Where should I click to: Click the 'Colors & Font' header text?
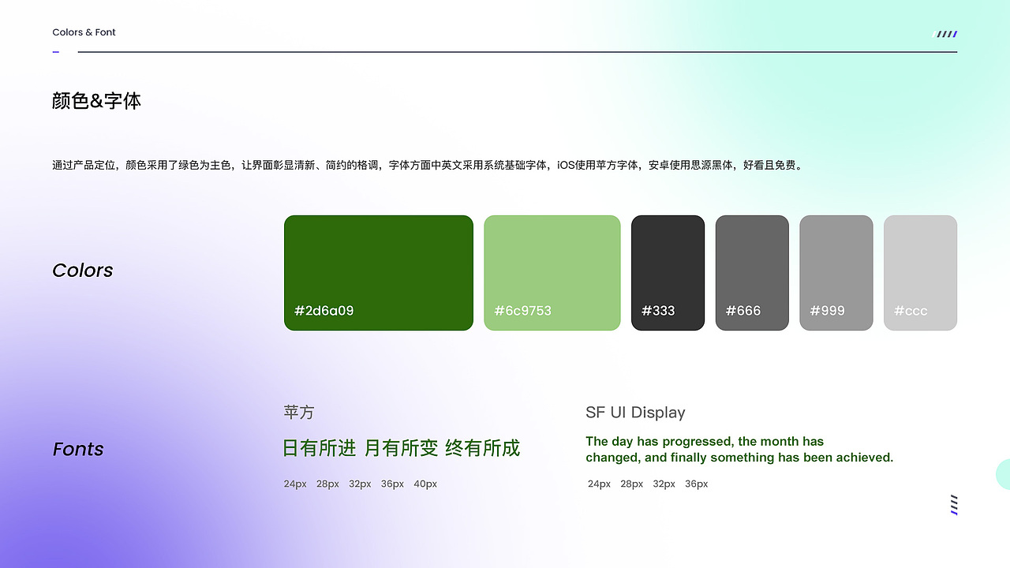pyautogui.click(x=84, y=32)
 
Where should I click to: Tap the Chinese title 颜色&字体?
pyautogui.click(x=96, y=100)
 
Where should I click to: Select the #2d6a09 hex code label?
pyautogui.click(x=324, y=311)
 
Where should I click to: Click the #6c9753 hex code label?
pyautogui.click(x=522, y=311)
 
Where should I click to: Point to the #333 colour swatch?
pyautogui.click(x=668, y=273)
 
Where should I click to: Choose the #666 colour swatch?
pyautogui.click(x=752, y=273)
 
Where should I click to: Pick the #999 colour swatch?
pyautogui.click(x=836, y=273)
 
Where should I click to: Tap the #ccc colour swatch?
pyautogui.click(x=920, y=273)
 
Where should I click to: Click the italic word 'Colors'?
pyautogui.click(x=83, y=271)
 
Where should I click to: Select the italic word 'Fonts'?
pyautogui.click(x=78, y=449)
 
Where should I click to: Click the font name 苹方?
pyautogui.click(x=298, y=413)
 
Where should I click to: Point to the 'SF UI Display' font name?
pyautogui.click(x=635, y=413)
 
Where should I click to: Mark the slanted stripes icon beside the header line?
pyautogui.click(x=945, y=34)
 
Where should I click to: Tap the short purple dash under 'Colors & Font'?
pyautogui.click(x=56, y=52)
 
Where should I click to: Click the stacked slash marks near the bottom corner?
pyautogui.click(x=954, y=505)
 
